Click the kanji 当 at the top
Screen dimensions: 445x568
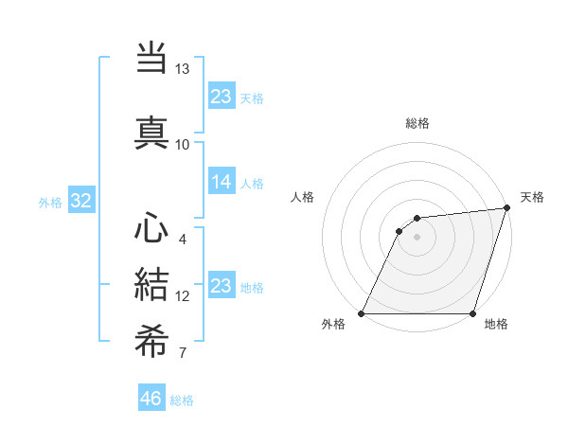[151, 57]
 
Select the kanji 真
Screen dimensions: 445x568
[151, 131]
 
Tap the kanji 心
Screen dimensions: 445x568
[151, 229]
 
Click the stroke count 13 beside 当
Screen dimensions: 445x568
[183, 69]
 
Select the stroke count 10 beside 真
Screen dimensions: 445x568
[183, 144]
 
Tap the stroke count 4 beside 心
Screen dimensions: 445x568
[183, 239]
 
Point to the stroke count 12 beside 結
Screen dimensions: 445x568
[183, 296]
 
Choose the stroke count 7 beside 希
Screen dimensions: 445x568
[183, 354]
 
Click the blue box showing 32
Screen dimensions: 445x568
[80, 202]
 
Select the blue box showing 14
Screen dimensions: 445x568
[222, 183]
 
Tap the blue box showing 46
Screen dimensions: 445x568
[151, 399]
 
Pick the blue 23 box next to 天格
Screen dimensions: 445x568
[222, 96]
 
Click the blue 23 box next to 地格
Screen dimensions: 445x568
[222, 286]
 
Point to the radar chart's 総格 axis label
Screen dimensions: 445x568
[417, 123]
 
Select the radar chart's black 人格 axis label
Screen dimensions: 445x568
[303, 197]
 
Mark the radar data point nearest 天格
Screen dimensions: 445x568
[507, 208]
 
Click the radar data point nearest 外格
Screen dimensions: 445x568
[362, 313]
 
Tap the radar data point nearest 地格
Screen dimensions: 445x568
[472, 313]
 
